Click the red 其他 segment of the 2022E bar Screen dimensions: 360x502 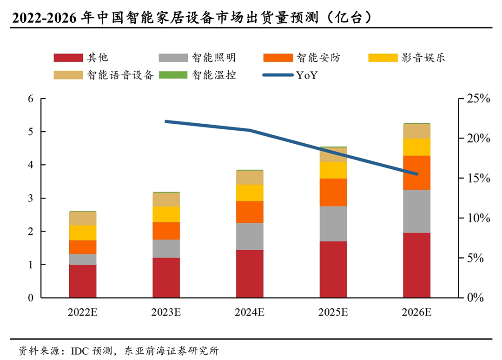click(x=83, y=281)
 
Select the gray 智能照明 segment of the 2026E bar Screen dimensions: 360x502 click(x=416, y=211)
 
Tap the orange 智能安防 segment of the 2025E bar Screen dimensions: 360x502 click(x=333, y=192)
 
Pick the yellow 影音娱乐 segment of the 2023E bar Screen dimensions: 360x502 click(x=166, y=214)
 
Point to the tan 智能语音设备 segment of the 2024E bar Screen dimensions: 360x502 click(x=250, y=178)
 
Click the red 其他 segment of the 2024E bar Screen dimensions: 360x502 click(x=250, y=273)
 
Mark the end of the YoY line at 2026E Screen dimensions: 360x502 click(x=416, y=174)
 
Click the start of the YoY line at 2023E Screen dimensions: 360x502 click(x=166, y=121)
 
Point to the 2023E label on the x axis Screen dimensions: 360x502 click(x=166, y=312)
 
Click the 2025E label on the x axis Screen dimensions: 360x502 click(x=333, y=312)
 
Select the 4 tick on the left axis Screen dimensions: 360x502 click(x=31, y=165)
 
